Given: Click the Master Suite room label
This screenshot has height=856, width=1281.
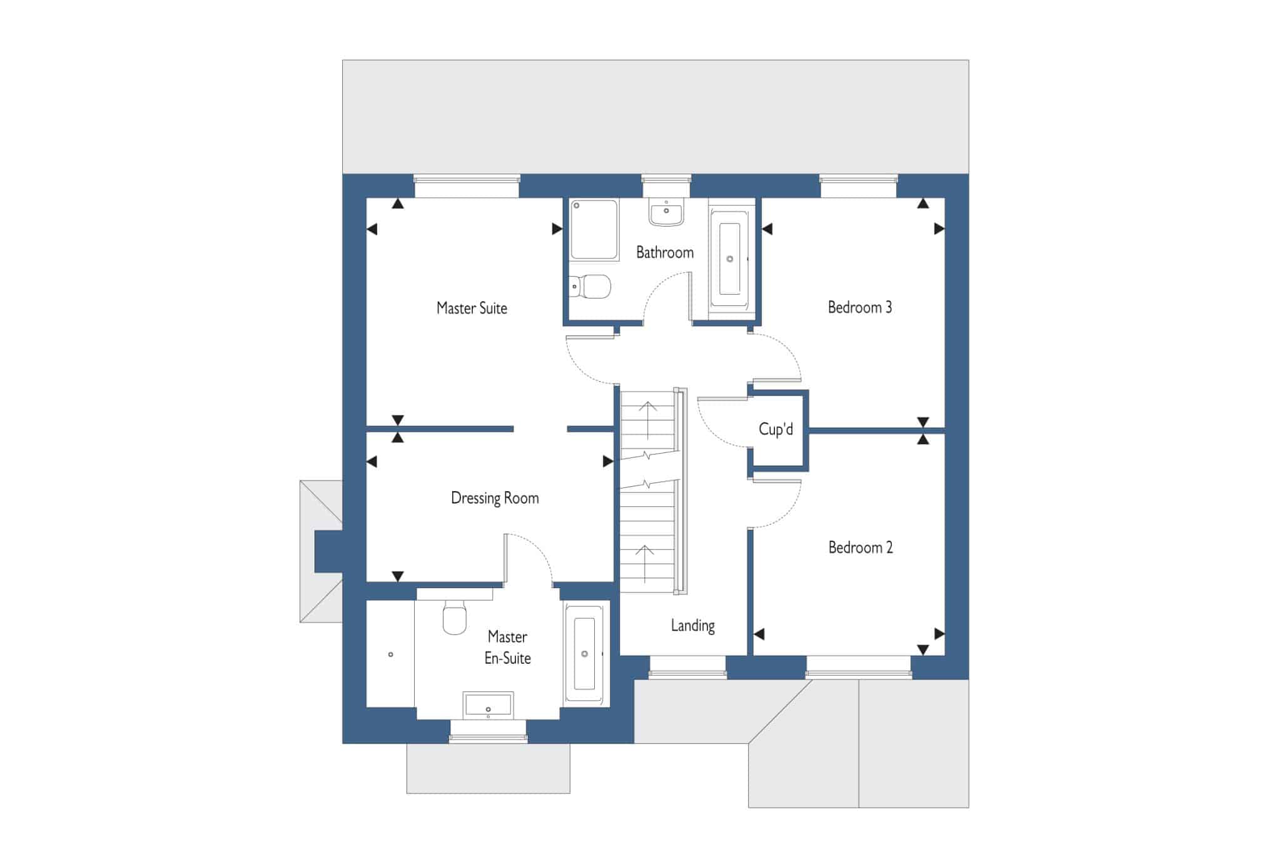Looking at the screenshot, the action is (x=472, y=308).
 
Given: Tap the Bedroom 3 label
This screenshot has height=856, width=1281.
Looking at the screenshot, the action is (x=860, y=307).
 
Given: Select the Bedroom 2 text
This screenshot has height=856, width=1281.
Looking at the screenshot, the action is (x=861, y=548).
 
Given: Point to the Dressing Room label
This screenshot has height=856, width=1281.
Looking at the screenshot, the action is (x=495, y=499).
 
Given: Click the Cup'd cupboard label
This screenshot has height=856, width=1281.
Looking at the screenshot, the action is (x=776, y=429).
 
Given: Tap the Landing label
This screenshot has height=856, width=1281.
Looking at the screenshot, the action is (x=692, y=626).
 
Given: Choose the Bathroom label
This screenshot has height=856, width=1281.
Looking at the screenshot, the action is (x=665, y=253).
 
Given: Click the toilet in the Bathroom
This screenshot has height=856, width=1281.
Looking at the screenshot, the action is (x=590, y=287).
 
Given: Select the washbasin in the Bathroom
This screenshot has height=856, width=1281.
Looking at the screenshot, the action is (x=666, y=211).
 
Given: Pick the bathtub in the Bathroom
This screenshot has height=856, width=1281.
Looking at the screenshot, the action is (x=729, y=259).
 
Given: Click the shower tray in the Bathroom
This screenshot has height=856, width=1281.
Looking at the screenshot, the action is (x=594, y=230).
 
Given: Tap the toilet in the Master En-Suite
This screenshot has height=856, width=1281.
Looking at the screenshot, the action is (x=455, y=616).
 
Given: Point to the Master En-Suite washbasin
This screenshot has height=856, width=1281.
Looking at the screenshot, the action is (x=489, y=705).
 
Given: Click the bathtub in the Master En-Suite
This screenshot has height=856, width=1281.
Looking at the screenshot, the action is (x=585, y=654).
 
